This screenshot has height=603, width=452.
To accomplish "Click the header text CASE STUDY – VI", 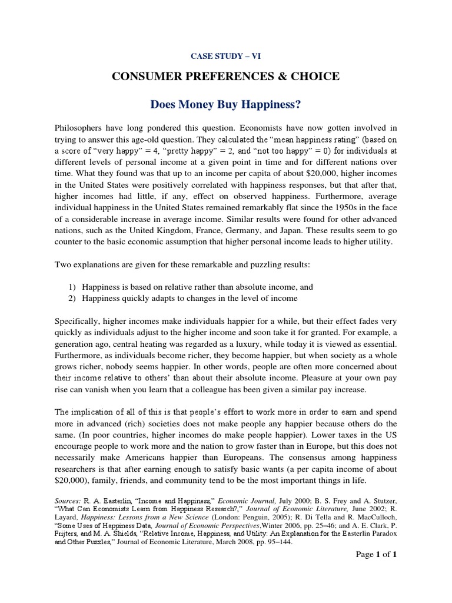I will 225,56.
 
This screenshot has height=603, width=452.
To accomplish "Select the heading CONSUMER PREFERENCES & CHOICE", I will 225,77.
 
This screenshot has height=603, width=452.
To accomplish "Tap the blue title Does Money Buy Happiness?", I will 225,105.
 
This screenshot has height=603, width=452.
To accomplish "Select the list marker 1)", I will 72,287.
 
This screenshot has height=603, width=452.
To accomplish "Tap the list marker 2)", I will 72,299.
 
